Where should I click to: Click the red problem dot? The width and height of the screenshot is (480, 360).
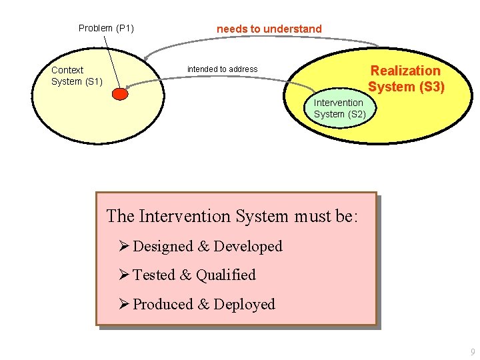[x=119, y=95]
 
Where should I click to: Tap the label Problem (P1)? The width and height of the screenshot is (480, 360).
[x=106, y=28]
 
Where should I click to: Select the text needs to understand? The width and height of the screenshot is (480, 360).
[x=269, y=29]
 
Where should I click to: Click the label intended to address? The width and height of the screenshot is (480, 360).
[x=222, y=69]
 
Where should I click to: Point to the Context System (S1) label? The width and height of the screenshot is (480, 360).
[x=77, y=75]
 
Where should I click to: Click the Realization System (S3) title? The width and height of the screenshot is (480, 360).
[x=406, y=79]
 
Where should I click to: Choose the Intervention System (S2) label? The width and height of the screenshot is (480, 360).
[x=339, y=108]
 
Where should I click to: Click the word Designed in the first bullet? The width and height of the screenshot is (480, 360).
[x=163, y=247]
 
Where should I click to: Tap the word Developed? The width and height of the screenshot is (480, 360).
[x=247, y=247]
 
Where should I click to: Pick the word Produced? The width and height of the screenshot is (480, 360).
[x=163, y=305]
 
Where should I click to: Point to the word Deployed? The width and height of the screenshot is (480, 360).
[x=244, y=305]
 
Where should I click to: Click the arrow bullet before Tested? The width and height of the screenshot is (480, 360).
[x=123, y=275]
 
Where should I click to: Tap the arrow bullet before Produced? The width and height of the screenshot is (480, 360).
[x=123, y=304]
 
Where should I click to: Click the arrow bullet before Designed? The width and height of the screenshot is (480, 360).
[x=123, y=246]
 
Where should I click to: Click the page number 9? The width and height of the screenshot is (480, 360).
[x=473, y=351]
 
